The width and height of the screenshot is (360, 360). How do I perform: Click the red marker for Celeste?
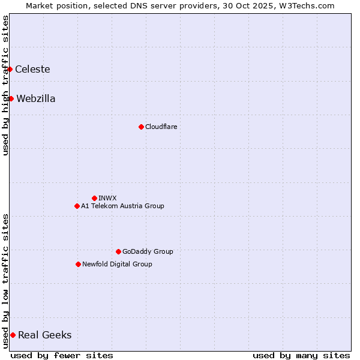10,69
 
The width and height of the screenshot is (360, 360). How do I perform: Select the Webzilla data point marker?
11,98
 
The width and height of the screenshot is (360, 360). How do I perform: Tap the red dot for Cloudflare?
141,127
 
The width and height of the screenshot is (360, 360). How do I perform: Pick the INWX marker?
94,198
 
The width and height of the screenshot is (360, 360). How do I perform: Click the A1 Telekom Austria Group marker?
77,206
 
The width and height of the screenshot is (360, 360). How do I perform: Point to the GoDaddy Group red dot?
118,251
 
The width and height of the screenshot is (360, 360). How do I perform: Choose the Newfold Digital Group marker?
78,264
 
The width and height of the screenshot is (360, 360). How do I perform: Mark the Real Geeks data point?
13,335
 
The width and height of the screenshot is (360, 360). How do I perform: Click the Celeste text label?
32,69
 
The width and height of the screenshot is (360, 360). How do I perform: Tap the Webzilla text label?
36,98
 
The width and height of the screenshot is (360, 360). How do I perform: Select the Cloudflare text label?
161,127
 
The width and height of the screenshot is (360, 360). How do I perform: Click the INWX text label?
107,198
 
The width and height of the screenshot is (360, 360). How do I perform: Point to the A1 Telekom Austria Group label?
122,206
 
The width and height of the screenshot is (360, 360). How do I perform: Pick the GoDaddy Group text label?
148,251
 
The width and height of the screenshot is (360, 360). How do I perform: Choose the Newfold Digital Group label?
117,264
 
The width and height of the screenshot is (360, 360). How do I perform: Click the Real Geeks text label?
44,335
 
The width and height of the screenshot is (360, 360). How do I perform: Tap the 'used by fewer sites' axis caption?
62,355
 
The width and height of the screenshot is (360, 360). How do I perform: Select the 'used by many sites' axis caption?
301,355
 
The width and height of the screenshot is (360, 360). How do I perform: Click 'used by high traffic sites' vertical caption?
5,86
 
